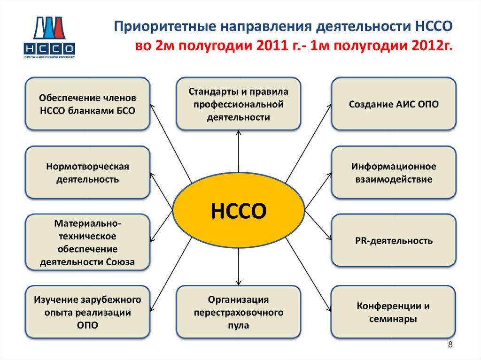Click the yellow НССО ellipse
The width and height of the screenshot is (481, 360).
(239, 211)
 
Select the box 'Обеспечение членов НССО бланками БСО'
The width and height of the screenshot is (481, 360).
(88, 104)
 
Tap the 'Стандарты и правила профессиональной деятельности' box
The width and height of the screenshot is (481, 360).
(239, 104)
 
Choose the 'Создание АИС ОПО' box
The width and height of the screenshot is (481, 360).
(394, 104)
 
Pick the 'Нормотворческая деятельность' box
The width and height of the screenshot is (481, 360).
(88, 173)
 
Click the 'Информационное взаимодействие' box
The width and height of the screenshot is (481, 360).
(394, 173)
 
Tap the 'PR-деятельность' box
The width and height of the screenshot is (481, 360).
(394, 241)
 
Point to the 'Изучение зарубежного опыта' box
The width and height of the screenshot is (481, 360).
(88, 312)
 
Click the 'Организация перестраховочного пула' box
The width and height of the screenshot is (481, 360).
(239, 312)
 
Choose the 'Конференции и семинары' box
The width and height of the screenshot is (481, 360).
(394, 312)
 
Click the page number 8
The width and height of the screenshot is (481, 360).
(450, 345)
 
